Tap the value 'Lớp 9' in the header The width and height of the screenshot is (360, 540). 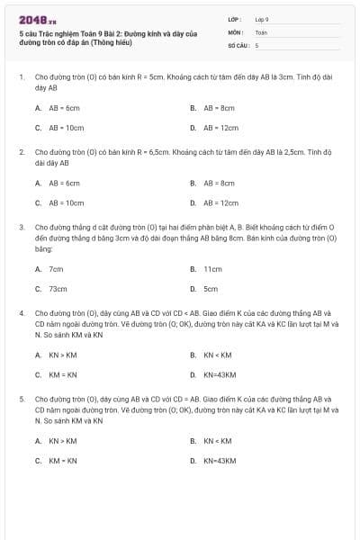(262, 19)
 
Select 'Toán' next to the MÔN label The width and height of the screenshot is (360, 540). (261, 31)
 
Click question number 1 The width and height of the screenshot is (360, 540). (21, 77)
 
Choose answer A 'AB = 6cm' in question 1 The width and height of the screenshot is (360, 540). (65, 107)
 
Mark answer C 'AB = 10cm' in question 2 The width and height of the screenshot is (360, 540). (66, 203)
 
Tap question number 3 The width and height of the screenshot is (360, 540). (21, 228)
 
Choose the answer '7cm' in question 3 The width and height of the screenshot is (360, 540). (56, 268)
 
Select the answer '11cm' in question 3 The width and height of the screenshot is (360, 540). (212, 268)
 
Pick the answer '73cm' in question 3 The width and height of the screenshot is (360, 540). (58, 289)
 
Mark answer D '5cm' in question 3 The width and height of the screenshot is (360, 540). (211, 289)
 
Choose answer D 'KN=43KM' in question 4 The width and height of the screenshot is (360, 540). (220, 374)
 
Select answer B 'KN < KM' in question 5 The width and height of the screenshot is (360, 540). (217, 440)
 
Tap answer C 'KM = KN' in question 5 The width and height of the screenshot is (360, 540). (63, 461)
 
